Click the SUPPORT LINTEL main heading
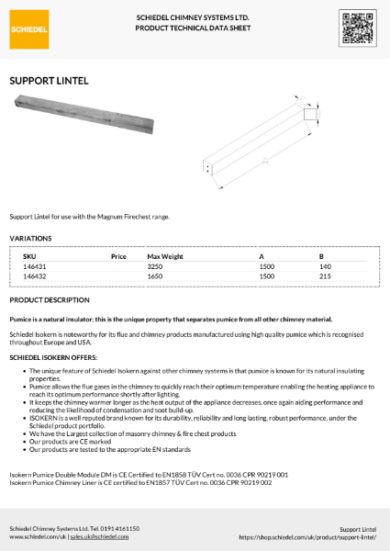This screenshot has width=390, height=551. pos(49,81)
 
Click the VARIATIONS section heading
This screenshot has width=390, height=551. pos(30,238)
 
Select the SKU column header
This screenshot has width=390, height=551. pos(29,255)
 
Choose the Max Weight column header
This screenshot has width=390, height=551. pos(165,255)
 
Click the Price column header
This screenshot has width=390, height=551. pos(117,255)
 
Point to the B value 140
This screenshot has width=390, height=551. pos(324,265)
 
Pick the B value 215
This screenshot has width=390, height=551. pos(324,275)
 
